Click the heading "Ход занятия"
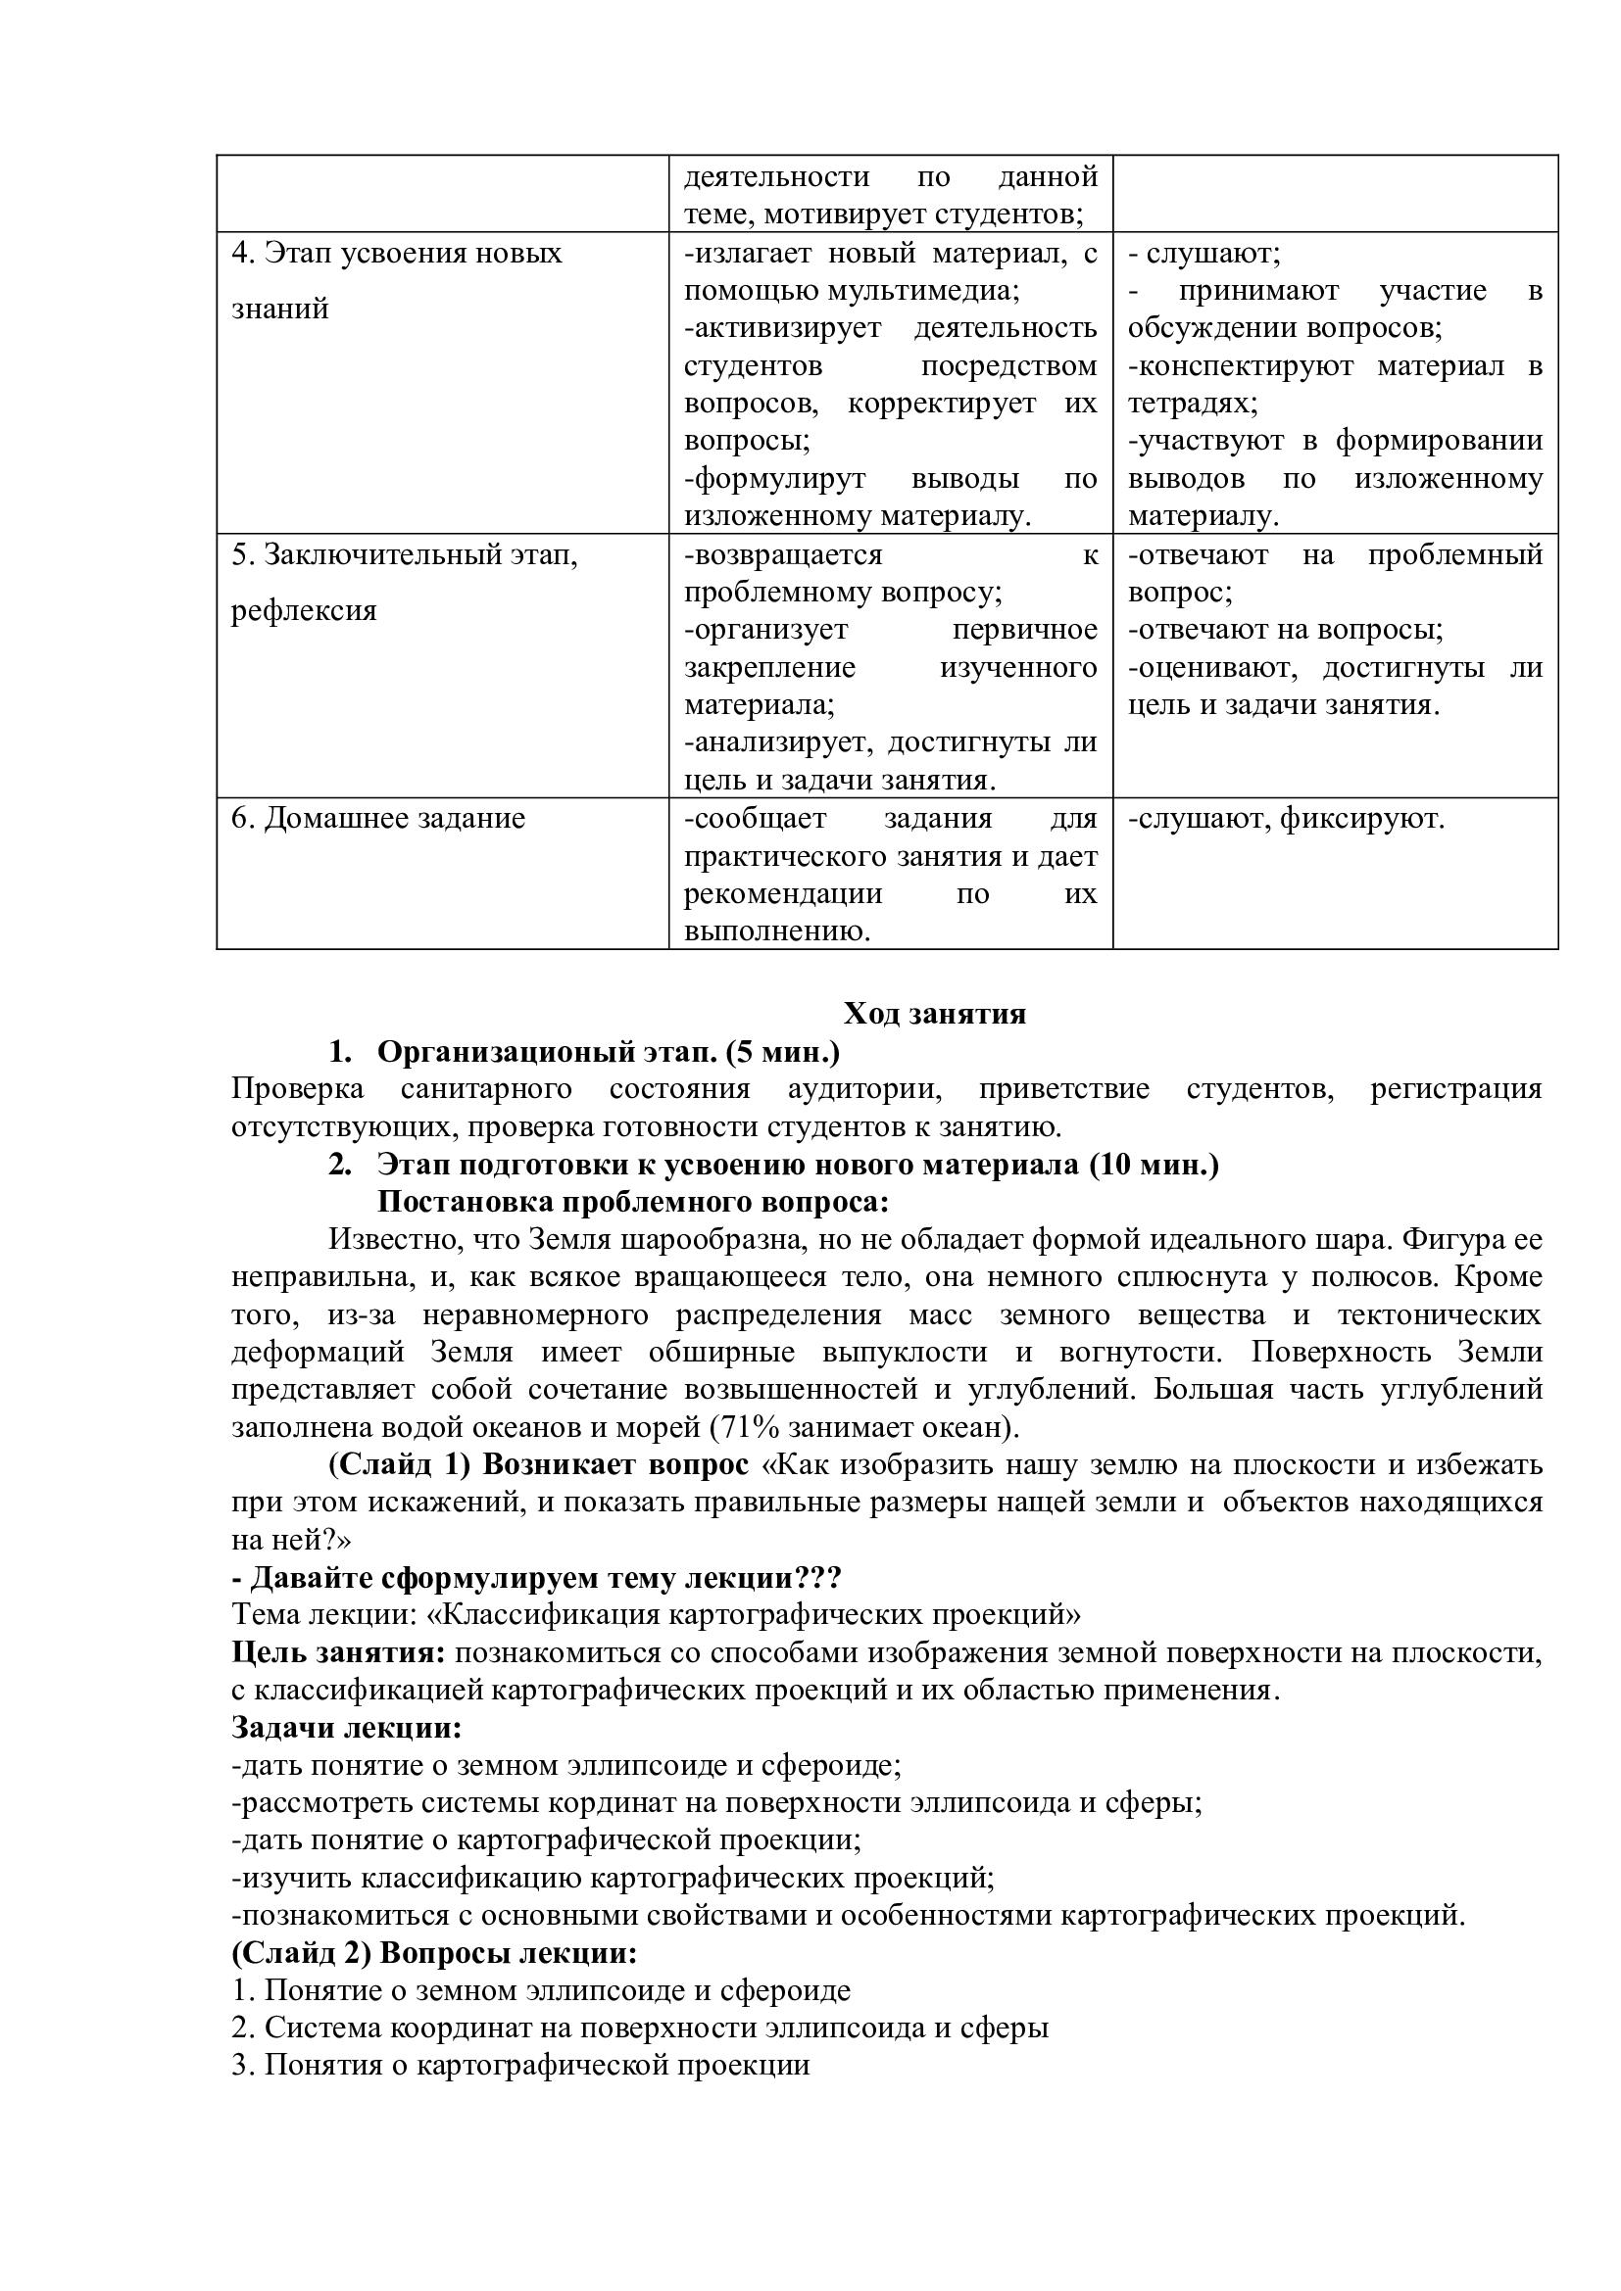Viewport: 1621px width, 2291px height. coord(934,1014)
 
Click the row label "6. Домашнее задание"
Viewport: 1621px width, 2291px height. coord(378,818)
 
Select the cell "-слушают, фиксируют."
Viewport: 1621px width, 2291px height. coord(1286,818)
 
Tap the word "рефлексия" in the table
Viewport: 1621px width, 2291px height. coord(305,609)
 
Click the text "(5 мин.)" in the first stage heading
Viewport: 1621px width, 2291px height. coord(784,1052)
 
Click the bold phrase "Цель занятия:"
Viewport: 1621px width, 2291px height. coord(338,1652)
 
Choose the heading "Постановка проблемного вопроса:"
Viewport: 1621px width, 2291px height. coord(633,1202)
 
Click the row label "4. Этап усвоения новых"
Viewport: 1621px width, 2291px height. coord(396,253)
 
